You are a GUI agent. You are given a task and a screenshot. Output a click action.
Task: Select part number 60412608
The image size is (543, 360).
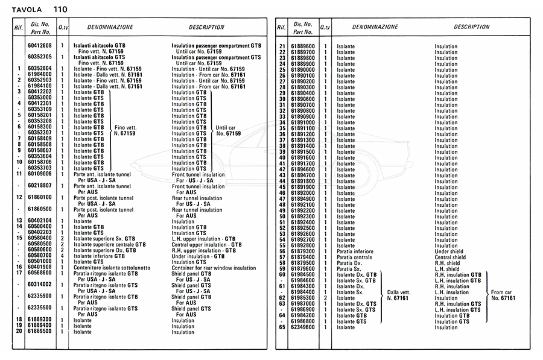click(x=40, y=46)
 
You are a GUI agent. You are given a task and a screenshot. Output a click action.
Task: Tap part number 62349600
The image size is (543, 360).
click(x=303, y=327)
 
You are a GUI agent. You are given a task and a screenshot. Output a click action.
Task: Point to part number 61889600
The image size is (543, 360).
click(x=303, y=46)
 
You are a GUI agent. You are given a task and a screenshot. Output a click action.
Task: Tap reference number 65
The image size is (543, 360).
click(x=282, y=327)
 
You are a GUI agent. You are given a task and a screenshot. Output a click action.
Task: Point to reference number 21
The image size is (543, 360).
click(x=282, y=46)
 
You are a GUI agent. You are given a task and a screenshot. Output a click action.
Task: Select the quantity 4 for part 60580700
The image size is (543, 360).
click(x=63, y=256)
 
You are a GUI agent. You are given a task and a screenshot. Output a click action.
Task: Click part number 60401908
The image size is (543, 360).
click(x=40, y=267)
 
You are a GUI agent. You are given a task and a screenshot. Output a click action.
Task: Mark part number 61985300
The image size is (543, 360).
click(x=303, y=298)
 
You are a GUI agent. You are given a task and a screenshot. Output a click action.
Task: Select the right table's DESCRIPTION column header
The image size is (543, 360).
click(x=471, y=27)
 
